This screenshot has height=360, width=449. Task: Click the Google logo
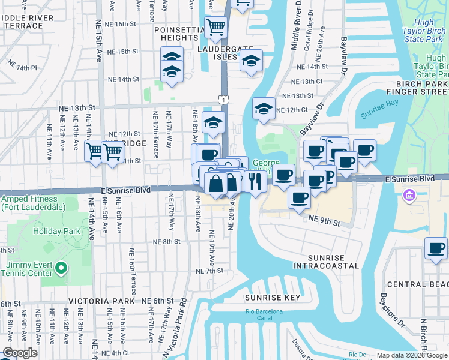click(x=19, y=353)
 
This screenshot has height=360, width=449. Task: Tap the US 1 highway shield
click(x=223, y=98)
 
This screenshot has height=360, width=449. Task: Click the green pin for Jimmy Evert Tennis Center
click(x=61, y=267)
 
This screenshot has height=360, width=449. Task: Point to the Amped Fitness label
click(x=34, y=203)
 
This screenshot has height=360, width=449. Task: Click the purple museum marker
click(x=409, y=195)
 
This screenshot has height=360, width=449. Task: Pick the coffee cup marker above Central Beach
click(x=436, y=248)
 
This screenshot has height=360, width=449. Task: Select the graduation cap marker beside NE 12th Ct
click(x=263, y=109)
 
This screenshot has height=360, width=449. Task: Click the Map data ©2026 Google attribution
click(x=411, y=355)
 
